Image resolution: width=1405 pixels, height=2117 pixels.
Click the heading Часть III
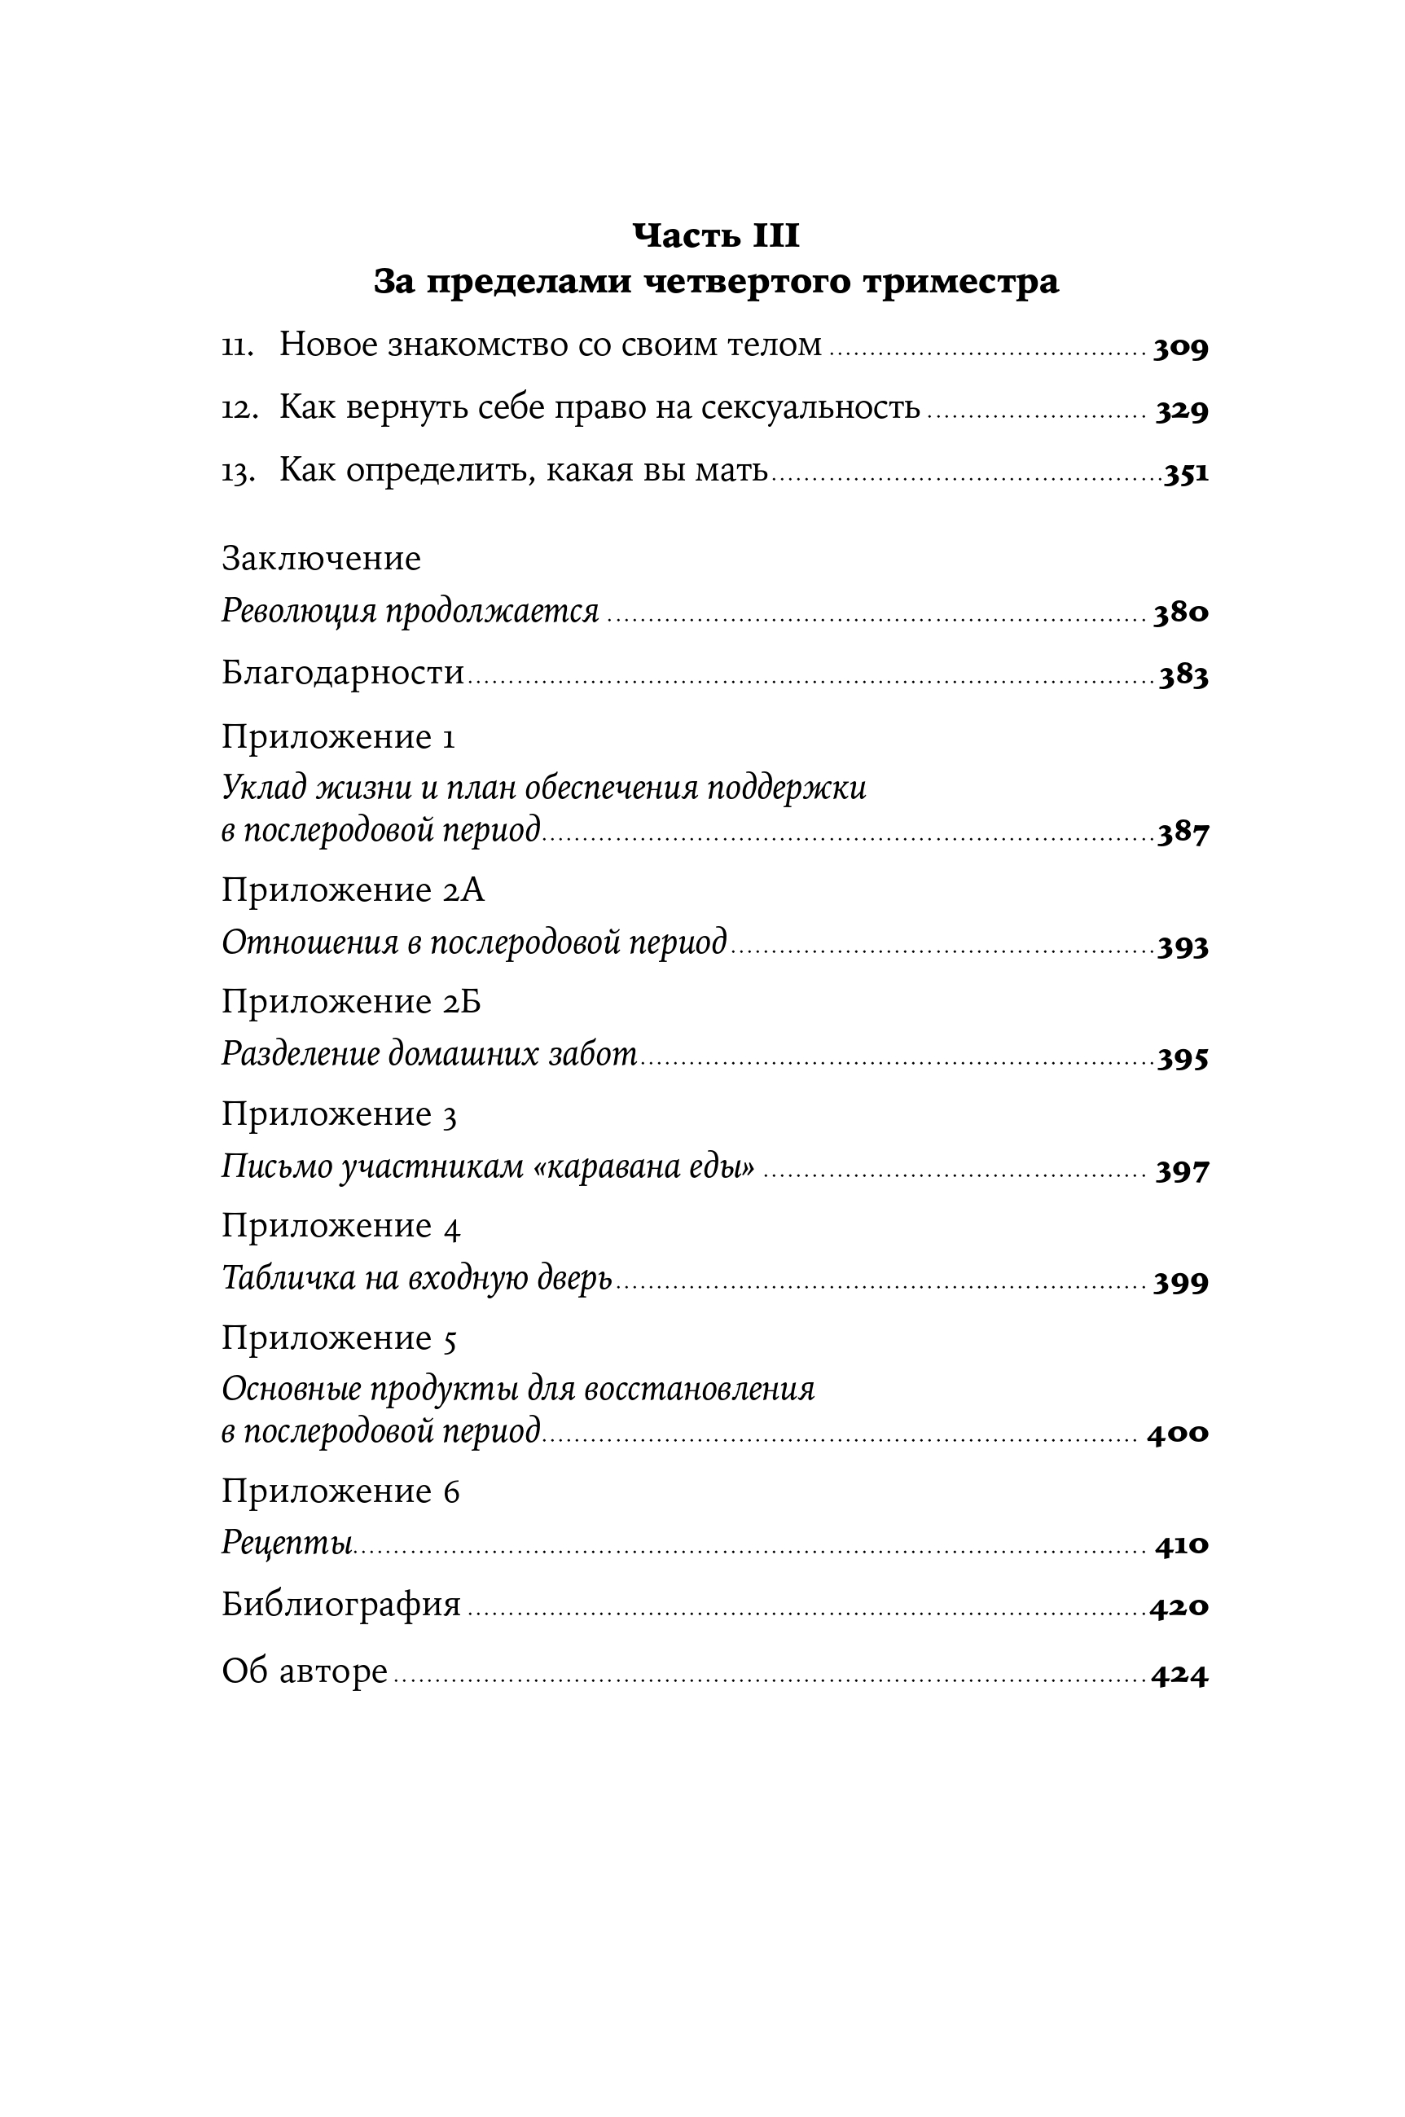(x=716, y=235)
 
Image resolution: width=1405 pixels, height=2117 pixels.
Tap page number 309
(x=1180, y=348)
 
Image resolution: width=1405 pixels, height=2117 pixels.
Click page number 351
(x=1185, y=473)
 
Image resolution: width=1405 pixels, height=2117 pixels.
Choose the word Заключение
(x=321, y=558)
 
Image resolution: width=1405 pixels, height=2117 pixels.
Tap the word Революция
(x=301, y=612)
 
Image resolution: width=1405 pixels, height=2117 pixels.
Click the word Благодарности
(x=343, y=672)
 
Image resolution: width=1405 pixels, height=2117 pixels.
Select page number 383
(x=1183, y=675)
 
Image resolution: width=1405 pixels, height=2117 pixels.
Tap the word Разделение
(x=301, y=1055)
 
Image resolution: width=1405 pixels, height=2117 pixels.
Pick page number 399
(x=1180, y=1283)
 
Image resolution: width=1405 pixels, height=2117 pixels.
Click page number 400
(x=1178, y=1433)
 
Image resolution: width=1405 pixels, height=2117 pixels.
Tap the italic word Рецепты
(x=287, y=1544)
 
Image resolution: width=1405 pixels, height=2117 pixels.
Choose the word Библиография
(x=341, y=1605)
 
